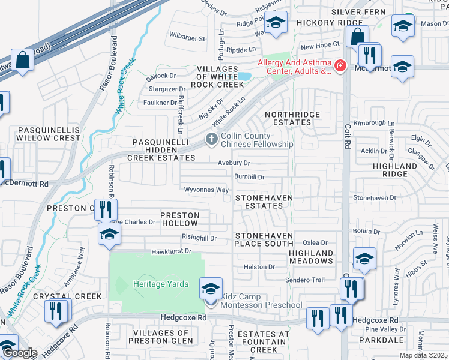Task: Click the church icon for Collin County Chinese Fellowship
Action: [x=211, y=139]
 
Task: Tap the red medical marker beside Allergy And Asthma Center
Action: [x=340, y=65]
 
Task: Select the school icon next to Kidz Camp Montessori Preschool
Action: [x=211, y=289]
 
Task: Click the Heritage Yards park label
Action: [x=161, y=284]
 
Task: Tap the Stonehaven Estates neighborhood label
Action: [x=259, y=202]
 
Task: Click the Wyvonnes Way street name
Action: [x=206, y=190]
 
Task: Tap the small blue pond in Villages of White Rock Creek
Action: [x=244, y=77]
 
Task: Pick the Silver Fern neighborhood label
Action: [x=360, y=12]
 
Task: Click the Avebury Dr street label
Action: [x=234, y=163]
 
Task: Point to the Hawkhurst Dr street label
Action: [x=171, y=251]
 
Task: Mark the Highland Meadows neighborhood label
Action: [x=311, y=257]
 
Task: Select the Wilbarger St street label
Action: [x=187, y=38]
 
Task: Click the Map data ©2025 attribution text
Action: [x=423, y=355]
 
